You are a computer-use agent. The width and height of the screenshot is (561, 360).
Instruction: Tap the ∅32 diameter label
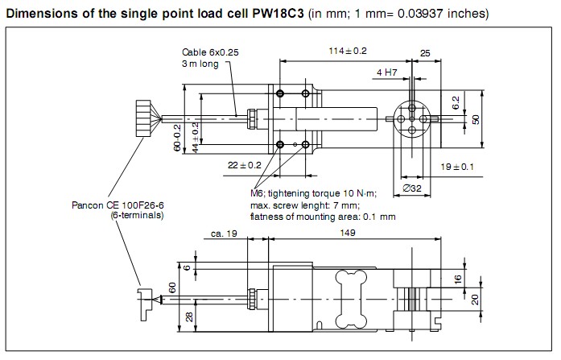click(x=414, y=189)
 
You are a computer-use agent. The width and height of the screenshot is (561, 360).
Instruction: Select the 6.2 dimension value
click(x=455, y=102)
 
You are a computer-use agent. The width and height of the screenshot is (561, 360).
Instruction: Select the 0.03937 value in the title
click(x=409, y=14)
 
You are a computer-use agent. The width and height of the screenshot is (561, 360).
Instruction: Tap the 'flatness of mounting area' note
click(x=323, y=216)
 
